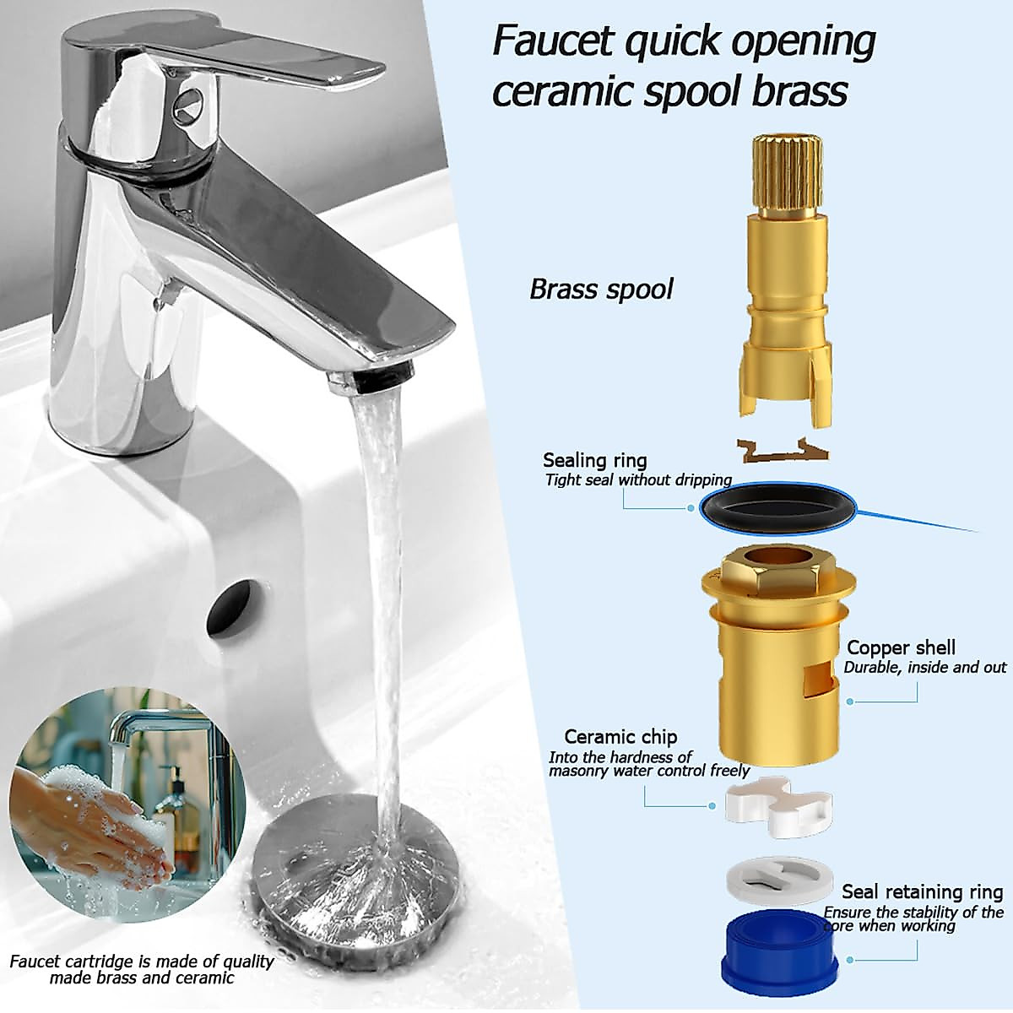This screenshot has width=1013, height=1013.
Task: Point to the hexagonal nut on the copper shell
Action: pyautogui.click(x=776, y=573)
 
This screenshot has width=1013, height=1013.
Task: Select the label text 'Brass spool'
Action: pyautogui.click(x=601, y=290)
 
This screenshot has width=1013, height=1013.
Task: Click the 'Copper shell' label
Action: pyautogui.click(x=901, y=647)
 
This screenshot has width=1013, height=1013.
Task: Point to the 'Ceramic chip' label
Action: pyautogui.click(x=620, y=736)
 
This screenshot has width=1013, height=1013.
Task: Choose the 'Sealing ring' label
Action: pyautogui.click(x=594, y=460)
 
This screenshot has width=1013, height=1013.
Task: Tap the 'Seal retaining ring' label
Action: pyautogui.click(x=922, y=891)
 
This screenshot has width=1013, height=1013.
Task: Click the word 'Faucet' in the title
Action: pyautogui.click(x=557, y=41)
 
